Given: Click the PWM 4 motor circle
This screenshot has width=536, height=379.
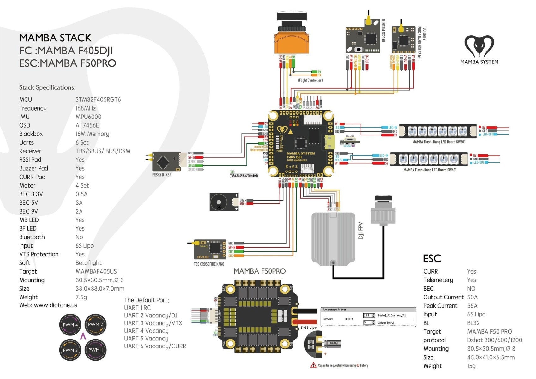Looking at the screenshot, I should click(70, 324).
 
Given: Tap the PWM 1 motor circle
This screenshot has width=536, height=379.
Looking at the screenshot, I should click(95, 350).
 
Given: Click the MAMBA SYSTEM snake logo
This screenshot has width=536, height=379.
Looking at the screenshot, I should click(479, 47).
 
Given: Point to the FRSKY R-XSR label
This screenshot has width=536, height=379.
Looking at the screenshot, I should click(162, 175).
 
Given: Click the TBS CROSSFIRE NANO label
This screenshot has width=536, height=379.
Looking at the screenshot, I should click(209, 264).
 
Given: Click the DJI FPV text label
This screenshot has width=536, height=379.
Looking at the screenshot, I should click(361, 231).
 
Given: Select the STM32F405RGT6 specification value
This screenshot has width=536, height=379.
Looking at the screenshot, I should click(98, 99).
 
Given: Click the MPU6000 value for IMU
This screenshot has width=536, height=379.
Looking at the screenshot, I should click(88, 117).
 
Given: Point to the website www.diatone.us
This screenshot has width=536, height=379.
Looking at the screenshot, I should click(48, 305).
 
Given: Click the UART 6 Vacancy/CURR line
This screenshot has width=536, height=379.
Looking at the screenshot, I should click(155, 346).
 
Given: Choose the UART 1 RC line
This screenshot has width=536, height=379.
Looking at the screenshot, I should click(137, 308).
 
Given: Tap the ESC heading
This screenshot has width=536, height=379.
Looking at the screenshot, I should click(432, 258).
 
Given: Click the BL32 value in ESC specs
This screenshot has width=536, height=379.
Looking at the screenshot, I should click(473, 323).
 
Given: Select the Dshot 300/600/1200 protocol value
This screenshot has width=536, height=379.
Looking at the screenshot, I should click(494, 340).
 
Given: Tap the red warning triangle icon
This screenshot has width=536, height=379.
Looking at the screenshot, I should click(313, 365).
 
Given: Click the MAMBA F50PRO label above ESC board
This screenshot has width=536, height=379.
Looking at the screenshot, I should click(259, 271).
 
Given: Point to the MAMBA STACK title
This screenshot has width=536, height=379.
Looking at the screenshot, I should click(55, 38).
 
